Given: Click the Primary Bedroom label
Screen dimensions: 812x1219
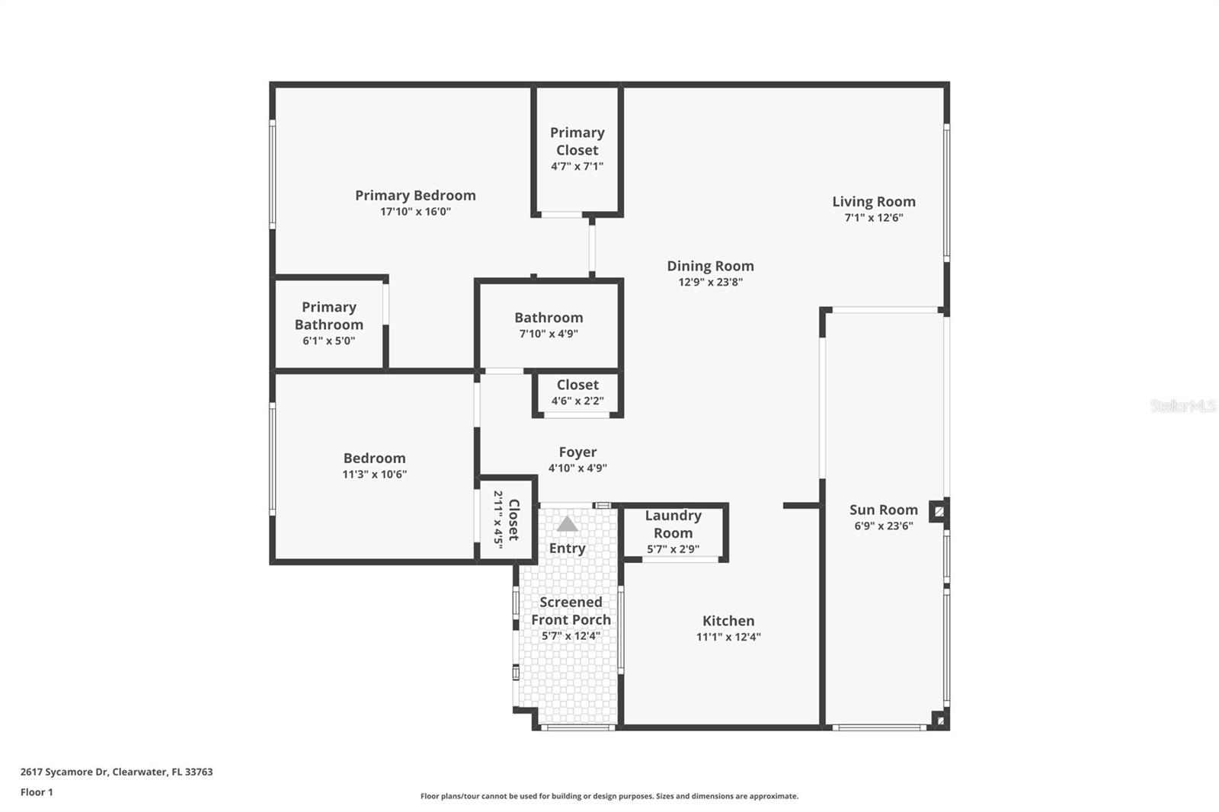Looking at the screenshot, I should tap(415, 195).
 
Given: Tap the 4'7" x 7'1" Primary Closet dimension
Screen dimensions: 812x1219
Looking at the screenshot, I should tap(577, 166).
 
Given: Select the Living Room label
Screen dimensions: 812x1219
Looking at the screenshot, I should tap(873, 201).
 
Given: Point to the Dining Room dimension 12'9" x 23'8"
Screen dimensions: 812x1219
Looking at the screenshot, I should tap(710, 282).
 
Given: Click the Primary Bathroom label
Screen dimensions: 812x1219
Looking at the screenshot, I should tap(328, 315).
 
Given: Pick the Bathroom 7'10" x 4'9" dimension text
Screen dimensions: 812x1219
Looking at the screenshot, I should tap(548, 334).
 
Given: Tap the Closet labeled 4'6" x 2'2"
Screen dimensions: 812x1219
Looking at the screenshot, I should tap(577, 385).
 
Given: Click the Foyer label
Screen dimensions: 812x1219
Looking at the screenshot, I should tap(578, 452).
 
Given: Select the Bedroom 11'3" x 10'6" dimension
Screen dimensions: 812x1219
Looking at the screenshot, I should tap(374, 474).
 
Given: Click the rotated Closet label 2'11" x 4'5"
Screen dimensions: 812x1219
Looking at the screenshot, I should tap(514, 519).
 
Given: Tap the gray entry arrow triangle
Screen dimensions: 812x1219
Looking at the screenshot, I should tap(567, 524).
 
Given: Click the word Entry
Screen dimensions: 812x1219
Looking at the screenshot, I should tap(567, 548).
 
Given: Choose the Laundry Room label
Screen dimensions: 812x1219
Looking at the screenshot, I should tap(673, 524).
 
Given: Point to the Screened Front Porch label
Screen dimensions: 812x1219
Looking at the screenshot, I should tap(571, 611).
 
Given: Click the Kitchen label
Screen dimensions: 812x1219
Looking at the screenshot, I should tap(728, 621).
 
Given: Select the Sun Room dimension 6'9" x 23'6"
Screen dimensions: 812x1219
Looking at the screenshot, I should tap(883, 526).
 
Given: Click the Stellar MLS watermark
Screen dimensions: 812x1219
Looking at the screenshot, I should tap(1182, 406).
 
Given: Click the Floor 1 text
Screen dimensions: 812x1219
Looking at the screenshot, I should tap(37, 792).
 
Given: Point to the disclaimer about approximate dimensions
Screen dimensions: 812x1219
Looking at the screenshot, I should tap(609, 796).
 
